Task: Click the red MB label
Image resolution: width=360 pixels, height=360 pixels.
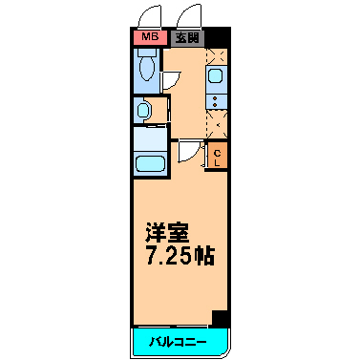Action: click(150, 37)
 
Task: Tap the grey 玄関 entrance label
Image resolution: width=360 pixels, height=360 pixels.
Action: click(187, 38)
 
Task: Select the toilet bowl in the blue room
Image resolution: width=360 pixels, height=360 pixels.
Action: click(147, 65)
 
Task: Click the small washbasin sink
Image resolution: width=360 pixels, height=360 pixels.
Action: click(141, 110)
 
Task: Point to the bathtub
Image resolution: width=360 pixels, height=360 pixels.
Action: click(150, 164)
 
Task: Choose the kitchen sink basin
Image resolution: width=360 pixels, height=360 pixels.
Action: click(215, 76)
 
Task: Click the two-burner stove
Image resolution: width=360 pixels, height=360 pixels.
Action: click(217, 101)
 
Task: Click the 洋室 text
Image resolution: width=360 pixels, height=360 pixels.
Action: click(167, 233)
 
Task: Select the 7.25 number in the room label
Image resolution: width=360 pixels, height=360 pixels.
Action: click(169, 255)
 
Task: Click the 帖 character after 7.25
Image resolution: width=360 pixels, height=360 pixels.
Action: click(204, 255)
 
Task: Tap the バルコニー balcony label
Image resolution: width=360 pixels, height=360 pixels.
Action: click(179, 342)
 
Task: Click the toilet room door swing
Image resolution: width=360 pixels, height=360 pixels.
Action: click(171, 80)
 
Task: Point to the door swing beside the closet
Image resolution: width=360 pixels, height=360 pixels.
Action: click(190, 152)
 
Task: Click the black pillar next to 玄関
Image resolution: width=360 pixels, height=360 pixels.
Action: click(217, 38)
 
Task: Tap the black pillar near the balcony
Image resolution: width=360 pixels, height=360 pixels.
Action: click(220, 319)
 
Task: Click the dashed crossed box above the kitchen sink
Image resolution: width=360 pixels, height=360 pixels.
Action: click(217, 57)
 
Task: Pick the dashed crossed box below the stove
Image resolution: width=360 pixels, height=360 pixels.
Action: click(217, 124)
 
